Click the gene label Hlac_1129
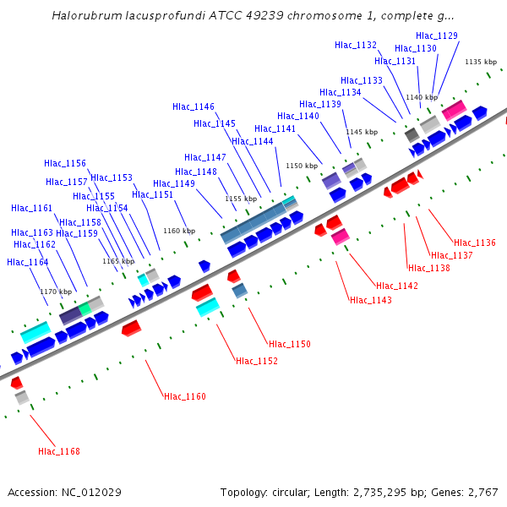pyautogui.click(x=437, y=35)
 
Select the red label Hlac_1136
pyautogui.click(x=474, y=243)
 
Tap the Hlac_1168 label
pyautogui.click(x=59, y=451)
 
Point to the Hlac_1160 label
pyautogui.click(x=185, y=396)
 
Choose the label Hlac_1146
pyautogui.click(x=194, y=106)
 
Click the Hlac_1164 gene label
pyautogui.click(x=28, y=262)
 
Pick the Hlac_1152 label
pyautogui.click(x=257, y=361)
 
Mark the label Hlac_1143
pyautogui.click(x=371, y=300)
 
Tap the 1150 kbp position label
pyautogui.click(x=302, y=166)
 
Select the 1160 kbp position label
pyautogui.click(x=179, y=231)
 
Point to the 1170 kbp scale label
pyautogui.click(x=57, y=292)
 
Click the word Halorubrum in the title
pyautogui.click(x=88, y=15)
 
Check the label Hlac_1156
pyautogui.click(x=65, y=163)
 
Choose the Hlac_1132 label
pyautogui.click(x=356, y=45)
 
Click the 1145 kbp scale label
pyautogui.click(x=361, y=132)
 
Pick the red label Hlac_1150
pyautogui.click(x=290, y=344)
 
